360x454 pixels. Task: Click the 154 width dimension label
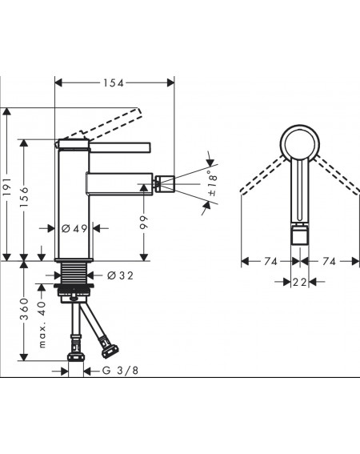point(114,83)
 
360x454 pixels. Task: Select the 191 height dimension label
point(7,187)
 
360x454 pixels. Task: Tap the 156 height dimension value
point(25,197)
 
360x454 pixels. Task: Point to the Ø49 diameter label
point(74,229)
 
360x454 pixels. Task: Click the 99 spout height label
point(144,223)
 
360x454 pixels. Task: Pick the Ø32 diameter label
point(120,275)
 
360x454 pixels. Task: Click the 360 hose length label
point(25,309)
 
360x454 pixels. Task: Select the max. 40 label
point(42,324)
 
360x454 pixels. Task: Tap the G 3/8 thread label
point(120,370)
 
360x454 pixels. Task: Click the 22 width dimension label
point(299,282)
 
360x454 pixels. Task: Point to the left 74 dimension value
point(270,262)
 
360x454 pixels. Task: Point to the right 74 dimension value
point(330,262)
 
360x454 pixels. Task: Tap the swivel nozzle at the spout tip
point(165,183)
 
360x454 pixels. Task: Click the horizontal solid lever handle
point(120,147)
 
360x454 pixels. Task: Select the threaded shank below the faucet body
point(74,273)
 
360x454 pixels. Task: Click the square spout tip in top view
point(300,235)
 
